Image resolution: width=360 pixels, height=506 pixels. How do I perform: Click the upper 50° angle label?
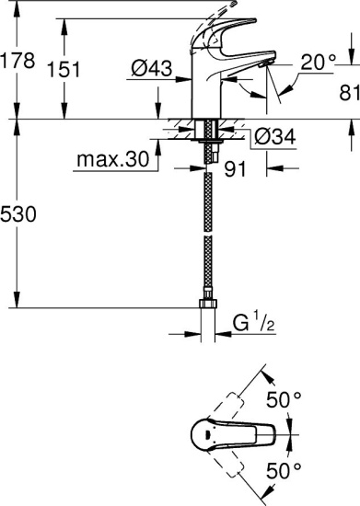coord(284,401)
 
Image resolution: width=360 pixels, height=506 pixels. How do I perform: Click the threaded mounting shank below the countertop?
coord(209,138)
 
